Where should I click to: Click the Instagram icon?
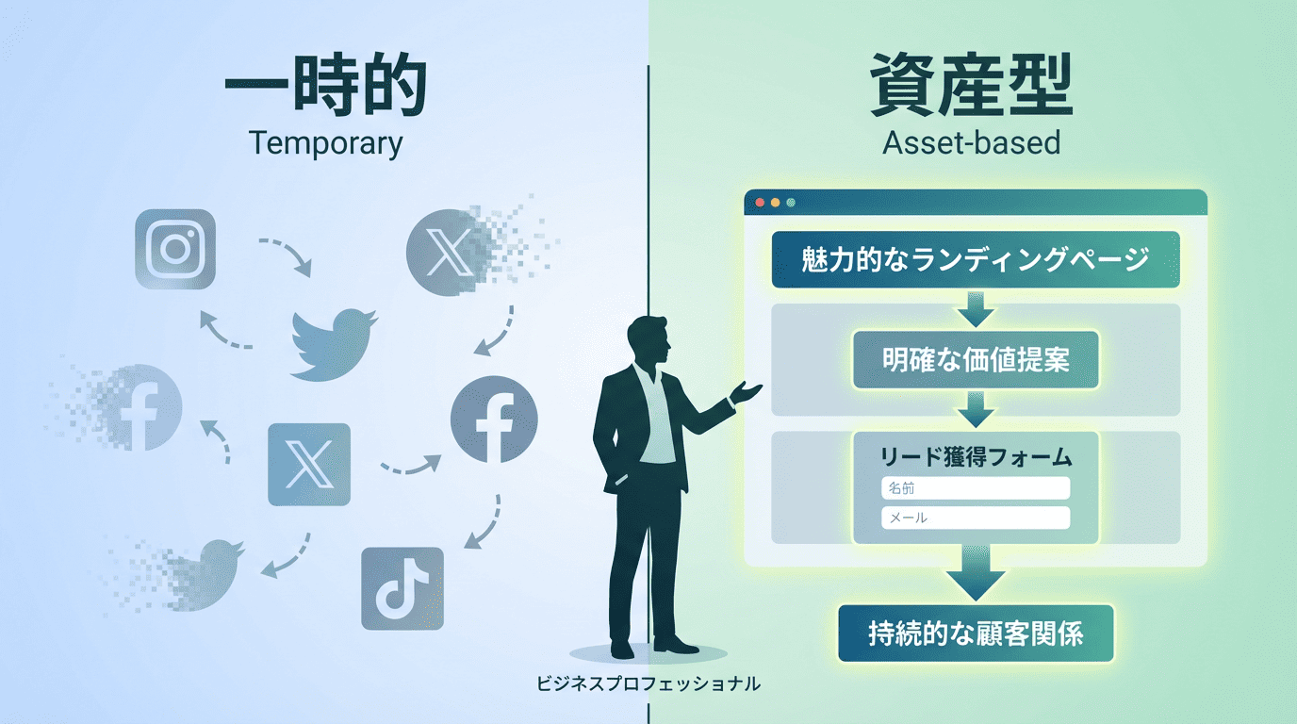click(x=175, y=249)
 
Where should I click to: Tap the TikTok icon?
click(x=402, y=588)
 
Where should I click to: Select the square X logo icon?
click(x=309, y=464)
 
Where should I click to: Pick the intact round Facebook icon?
click(x=494, y=420)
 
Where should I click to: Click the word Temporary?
click(x=325, y=143)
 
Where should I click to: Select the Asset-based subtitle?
click(x=972, y=143)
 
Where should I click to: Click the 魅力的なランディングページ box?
click(x=976, y=259)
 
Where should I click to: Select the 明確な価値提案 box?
click(x=976, y=360)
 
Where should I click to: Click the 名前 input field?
click(x=976, y=488)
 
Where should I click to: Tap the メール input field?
click(x=976, y=518)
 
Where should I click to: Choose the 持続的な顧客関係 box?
click(x=976, y=633)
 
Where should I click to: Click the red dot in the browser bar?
click(x=760, y=202)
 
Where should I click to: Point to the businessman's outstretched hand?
click(x=749, y=389)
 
